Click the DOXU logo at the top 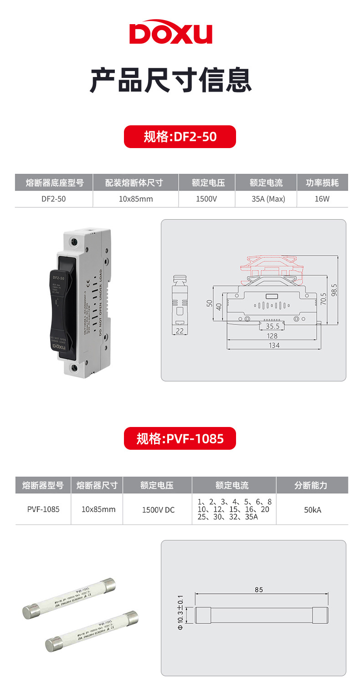coord(171,33)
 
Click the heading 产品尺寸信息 coord(171,80)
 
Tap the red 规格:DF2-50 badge coord(180,137)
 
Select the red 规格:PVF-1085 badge coord(180,438)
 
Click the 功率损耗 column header coord(322,182)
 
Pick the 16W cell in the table coord(322,199)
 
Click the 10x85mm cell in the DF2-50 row coord(136,199)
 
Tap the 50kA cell coord(313,509)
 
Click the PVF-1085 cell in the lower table coord(43,509)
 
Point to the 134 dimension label coord(274,345)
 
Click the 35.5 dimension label coord(273,326)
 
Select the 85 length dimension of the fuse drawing coord(259,590)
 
